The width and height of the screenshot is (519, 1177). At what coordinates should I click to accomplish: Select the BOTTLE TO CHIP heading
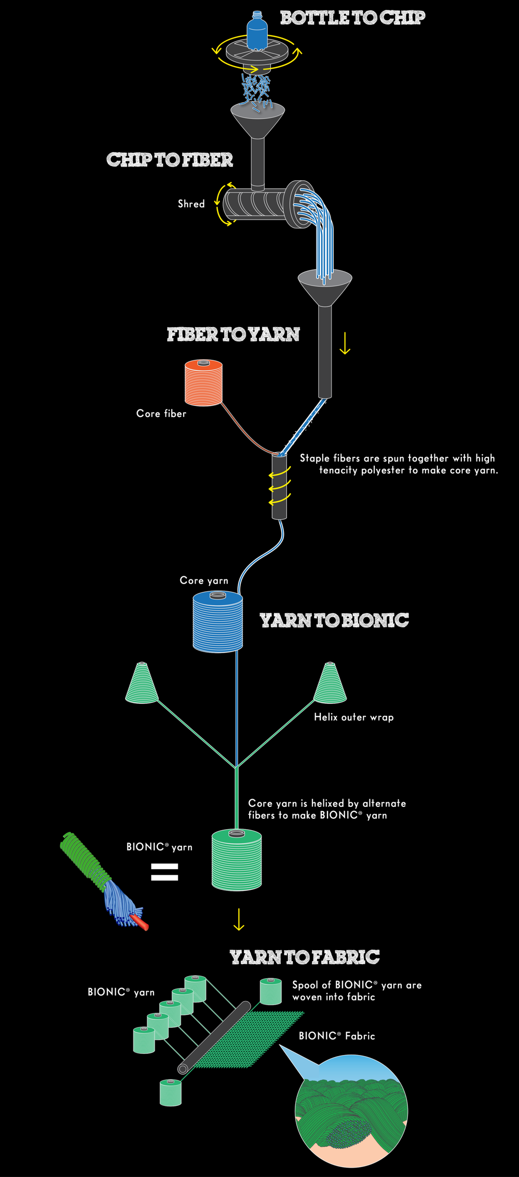click(352, 18)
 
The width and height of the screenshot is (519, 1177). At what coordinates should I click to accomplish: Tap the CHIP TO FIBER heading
click(170, 160)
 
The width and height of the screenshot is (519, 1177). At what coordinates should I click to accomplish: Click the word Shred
click(191, 204)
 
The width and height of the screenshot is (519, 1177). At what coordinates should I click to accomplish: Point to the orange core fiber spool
click(203, 384)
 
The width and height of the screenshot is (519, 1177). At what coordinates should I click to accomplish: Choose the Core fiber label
click(161, 414)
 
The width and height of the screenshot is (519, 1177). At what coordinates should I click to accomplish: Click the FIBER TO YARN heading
click(233, 334)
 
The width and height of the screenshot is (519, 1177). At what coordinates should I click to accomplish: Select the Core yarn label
click(204, 580)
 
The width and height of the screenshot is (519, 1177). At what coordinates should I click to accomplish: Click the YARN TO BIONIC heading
click(334, 620)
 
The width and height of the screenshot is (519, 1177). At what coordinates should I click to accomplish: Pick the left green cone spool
click(142, 684)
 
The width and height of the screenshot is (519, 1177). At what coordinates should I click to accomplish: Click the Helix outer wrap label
click(353, 717)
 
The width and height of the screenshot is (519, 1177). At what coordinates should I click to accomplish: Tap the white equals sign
click(165, 872)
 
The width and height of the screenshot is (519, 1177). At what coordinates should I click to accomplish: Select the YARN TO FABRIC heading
click(304, 957)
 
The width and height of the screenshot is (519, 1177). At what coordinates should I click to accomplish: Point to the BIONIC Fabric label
click(336, 1036)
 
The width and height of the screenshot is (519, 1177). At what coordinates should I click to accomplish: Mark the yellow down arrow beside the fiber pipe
click(345, 343)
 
